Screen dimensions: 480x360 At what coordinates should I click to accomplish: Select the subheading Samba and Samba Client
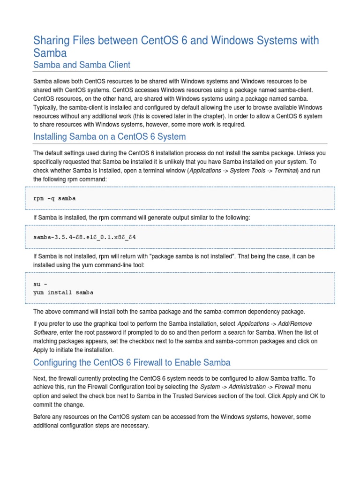(x=82, y=65)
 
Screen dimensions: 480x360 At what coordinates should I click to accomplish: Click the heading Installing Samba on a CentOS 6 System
(x=110, y=137)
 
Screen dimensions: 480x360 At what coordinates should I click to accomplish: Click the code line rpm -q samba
(x=54, y=198)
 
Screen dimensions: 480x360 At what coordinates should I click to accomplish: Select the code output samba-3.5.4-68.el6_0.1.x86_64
(x=84, y=237)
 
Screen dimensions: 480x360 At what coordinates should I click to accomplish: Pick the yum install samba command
(x=63, y=292)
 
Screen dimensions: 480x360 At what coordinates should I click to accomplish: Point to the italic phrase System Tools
(x=247, y=171)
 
